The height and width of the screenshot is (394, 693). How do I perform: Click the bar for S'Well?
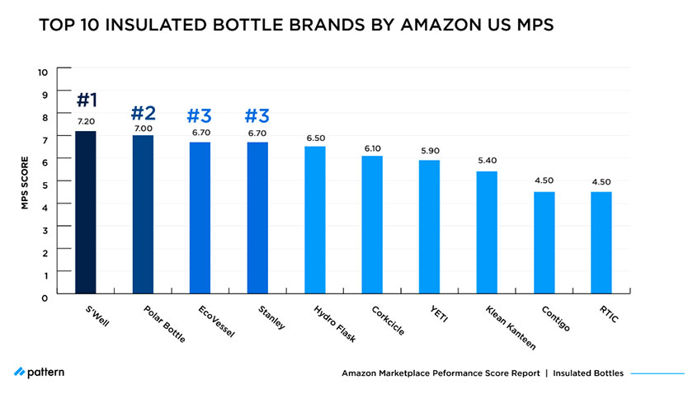tap(86, 213)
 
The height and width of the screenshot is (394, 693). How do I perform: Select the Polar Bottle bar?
tap(143, 214)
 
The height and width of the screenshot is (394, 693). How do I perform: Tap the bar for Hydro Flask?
tap(315, 220)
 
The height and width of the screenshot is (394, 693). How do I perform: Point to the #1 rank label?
tap(87, 101)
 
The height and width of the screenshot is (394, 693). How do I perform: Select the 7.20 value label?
tap(87, 122)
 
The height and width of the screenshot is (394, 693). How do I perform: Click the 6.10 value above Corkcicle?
tap(372, 148)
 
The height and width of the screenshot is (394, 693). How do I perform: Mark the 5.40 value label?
tap(487, 162)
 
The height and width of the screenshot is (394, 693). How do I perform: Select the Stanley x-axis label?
tap(270, 317)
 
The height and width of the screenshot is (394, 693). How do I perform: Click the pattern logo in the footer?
tap(39, 373)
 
